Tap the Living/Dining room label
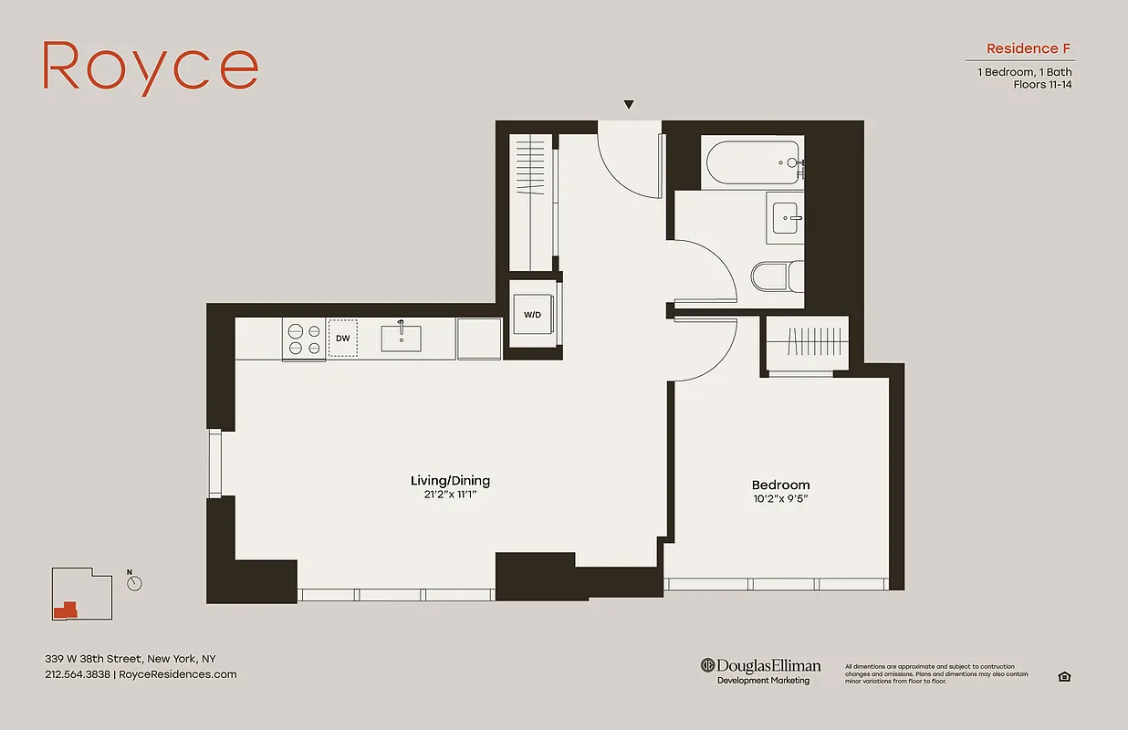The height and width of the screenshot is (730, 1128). (456, 481)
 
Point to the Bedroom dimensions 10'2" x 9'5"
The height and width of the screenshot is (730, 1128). (780, 499)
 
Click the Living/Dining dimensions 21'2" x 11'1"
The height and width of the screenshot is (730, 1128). (456, 495)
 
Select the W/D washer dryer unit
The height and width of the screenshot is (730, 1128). (532, 315)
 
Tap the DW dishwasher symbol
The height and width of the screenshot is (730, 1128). (343, 338)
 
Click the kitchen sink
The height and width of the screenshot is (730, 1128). (401, 337)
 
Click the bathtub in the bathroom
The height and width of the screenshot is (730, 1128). (754, 162)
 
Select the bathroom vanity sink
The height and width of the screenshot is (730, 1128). (787, 219)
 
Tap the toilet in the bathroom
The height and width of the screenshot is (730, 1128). (778, 276)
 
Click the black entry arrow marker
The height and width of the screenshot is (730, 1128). (628, 106)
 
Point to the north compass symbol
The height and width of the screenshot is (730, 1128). (135, 582)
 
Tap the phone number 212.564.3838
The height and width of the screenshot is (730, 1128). (78, 674)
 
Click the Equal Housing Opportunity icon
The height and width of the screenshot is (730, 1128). (1063, 676)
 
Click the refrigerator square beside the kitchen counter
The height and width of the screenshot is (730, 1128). (479, 339)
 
